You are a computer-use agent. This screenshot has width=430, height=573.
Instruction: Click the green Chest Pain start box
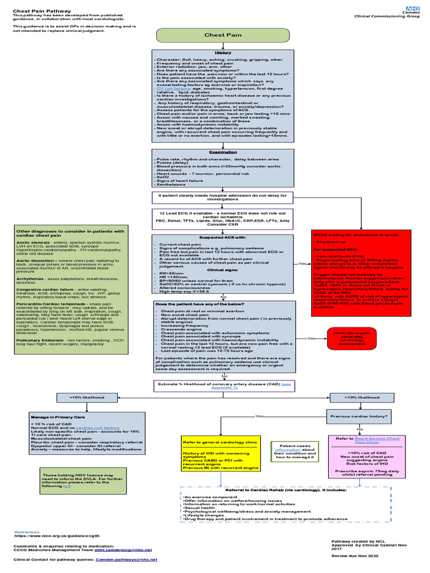click(223, 35)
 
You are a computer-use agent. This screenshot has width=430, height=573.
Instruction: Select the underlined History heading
click(223, 53)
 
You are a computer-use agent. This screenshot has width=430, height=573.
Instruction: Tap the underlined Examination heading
click(223, 152)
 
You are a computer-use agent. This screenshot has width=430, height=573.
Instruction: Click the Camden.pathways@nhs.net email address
click(128, 559)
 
